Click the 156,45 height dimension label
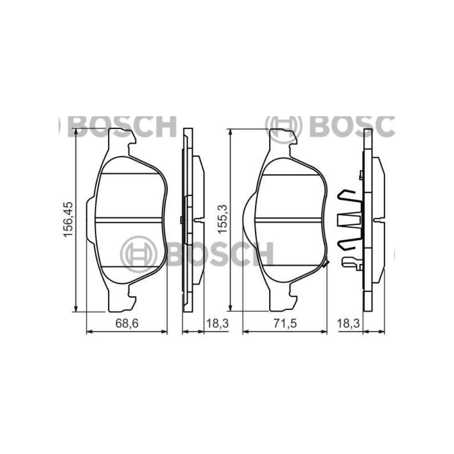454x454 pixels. pos(69,219)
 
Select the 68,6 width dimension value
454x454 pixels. pos(127,323)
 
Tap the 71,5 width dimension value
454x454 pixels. pos(286,323)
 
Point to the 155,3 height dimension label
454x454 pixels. pos(223,219)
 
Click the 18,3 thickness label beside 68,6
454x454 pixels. pos(217,323)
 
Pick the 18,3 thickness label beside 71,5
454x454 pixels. pos(348,323)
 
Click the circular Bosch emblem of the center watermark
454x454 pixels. pos(138,254)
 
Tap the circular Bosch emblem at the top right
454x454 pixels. pos(284,126)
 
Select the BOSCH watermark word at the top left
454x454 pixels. pos(122,127)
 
